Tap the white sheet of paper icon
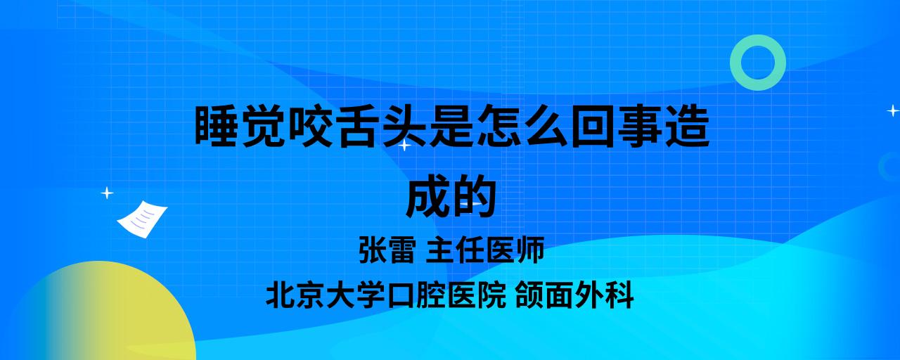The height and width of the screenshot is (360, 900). [x=142, y=219]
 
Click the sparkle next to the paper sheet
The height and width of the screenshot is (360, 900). [x=107, y=193]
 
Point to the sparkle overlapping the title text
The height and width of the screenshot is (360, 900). [x=404, y=145]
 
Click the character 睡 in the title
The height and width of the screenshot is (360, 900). [x=216, y=125]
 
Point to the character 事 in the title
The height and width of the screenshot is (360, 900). [x=640, y=125]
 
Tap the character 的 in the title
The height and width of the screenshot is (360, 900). [x=474, y=196]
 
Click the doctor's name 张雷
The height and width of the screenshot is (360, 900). [x=386, y=250]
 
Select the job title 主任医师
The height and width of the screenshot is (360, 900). [x=485, y=250]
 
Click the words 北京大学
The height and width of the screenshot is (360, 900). [x=326, y=295]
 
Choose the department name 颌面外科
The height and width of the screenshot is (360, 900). [x=574, y=295]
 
